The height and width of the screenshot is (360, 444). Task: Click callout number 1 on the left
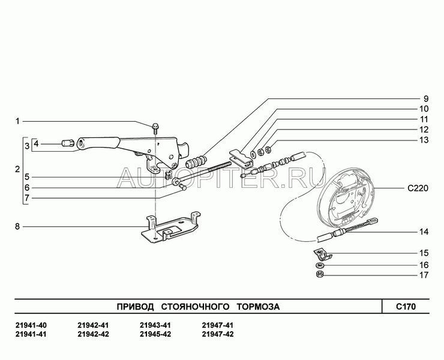click(x=17, y=122)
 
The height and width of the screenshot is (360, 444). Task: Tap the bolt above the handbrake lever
click(x=155, y=128)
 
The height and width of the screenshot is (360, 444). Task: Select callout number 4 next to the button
click(x=36, y=144)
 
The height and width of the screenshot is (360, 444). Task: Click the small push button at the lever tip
click(x=68, y=143)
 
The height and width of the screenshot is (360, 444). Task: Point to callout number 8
click(x=17, y=227)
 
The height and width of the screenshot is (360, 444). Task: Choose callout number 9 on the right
click(x=426, y=99)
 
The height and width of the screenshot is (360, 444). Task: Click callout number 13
click(x=424, y=140)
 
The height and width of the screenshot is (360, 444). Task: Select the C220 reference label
click(x=418, y=188)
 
